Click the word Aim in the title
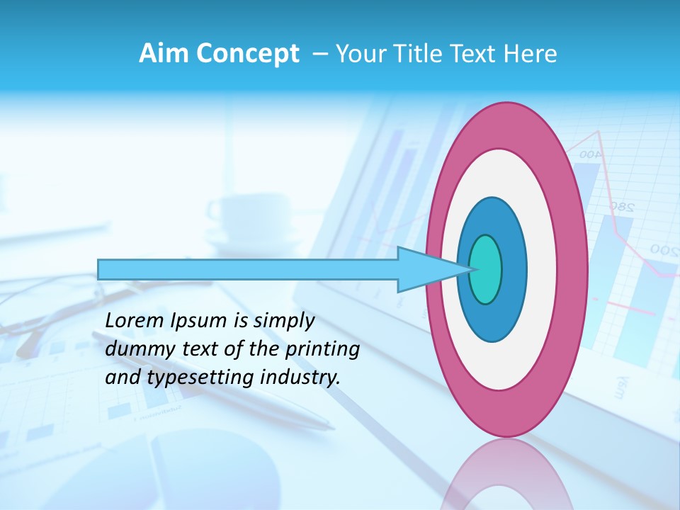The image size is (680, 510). coord(165,53)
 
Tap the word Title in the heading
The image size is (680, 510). coord(418,53)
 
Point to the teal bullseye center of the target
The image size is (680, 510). coord(486,269)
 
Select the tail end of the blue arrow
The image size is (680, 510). coord(99,269)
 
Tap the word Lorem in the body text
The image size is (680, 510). coord(135,321)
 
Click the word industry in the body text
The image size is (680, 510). coord(297,378)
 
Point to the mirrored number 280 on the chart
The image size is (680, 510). coord(620,208)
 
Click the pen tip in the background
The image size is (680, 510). coord(331,427)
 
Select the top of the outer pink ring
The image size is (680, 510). coord(506,106)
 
